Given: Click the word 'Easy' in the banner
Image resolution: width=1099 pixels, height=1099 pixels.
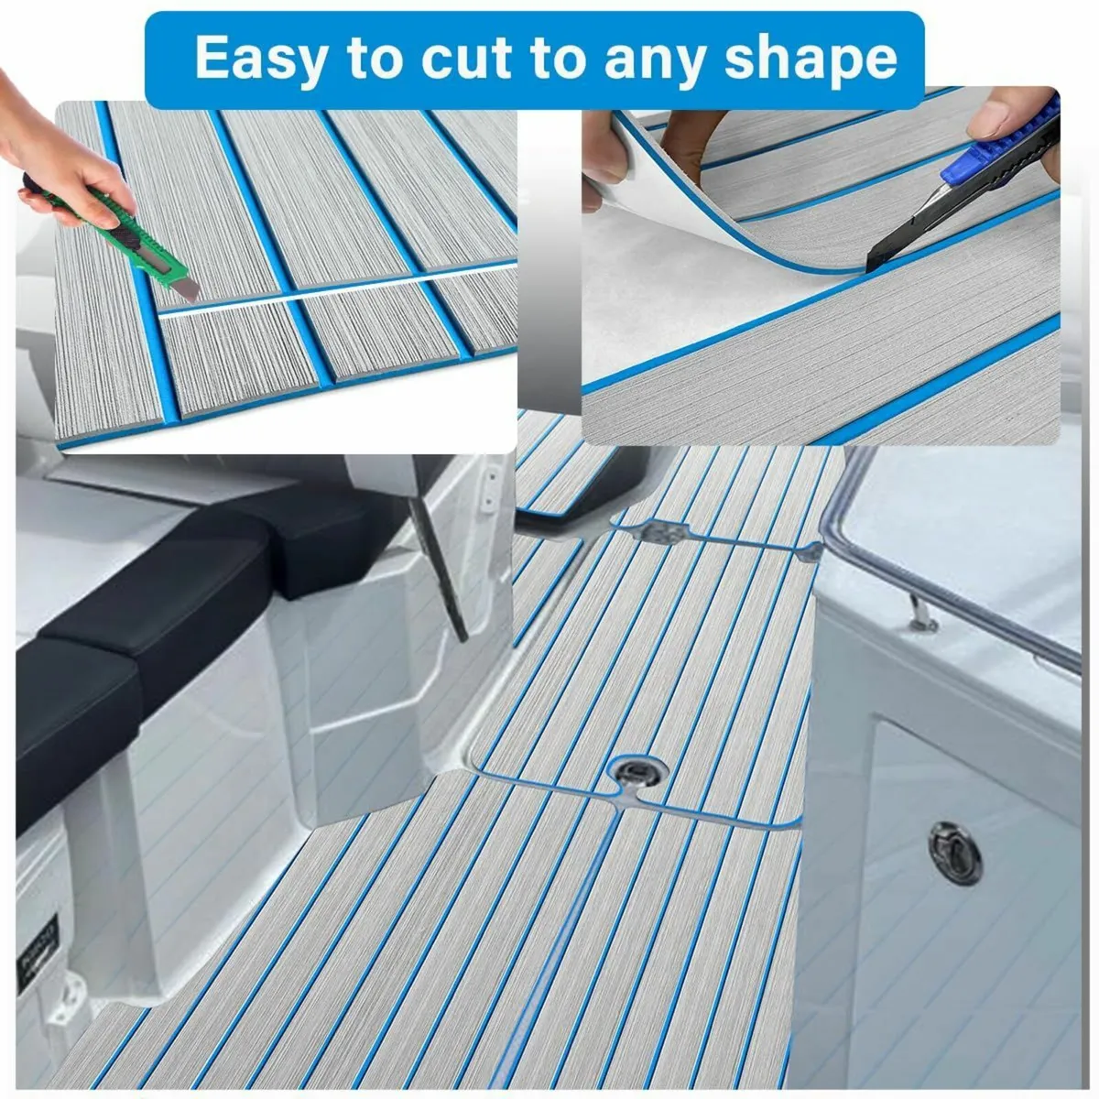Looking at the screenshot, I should coord(262,59).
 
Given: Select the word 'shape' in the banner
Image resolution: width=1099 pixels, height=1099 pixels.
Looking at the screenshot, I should coord(811,59).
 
